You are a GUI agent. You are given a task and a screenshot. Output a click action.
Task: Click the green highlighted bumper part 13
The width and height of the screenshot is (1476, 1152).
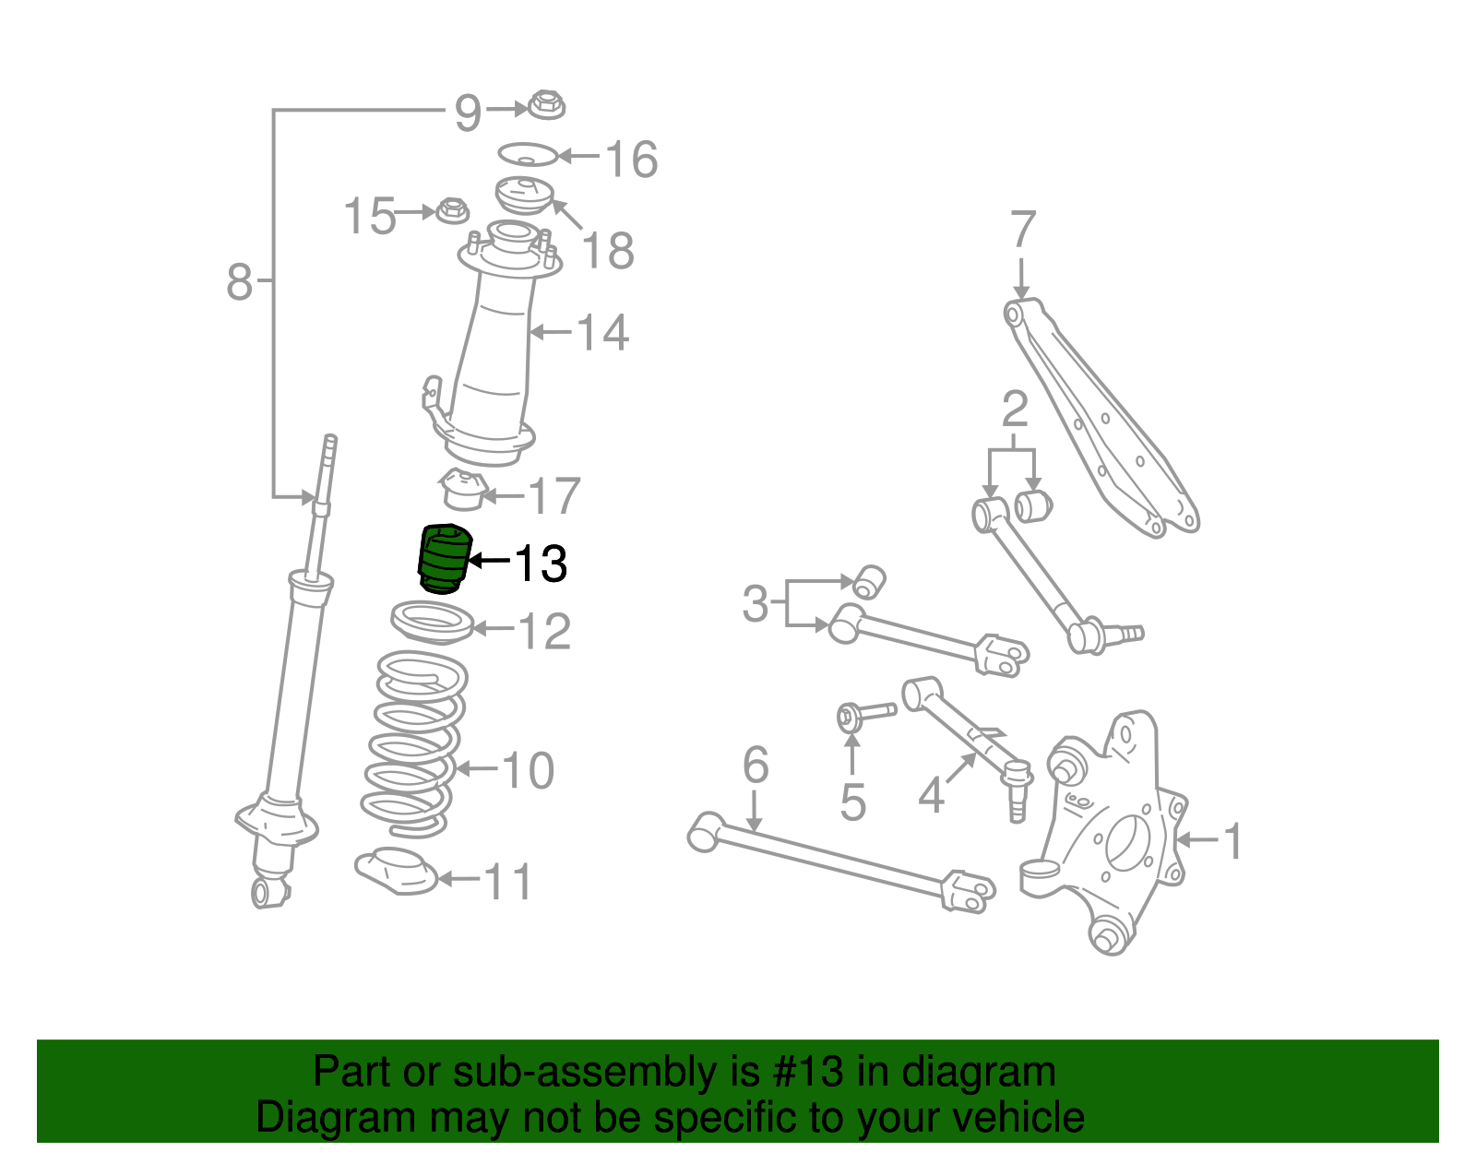pos(443,559)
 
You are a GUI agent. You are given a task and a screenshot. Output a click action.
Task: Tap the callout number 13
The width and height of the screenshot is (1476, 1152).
pos(540,564)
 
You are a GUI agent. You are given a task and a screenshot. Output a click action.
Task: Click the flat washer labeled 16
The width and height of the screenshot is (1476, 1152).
pos(528,154)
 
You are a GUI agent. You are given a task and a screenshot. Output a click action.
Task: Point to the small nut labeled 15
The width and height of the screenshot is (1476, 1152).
pos(451,210)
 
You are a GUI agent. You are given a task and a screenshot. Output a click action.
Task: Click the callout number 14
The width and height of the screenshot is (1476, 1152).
pos(602,332)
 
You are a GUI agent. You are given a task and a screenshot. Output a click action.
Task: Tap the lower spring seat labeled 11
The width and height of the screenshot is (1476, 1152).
pos(397,871)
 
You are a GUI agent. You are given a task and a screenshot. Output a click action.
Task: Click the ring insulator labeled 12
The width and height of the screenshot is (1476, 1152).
pos(432,623)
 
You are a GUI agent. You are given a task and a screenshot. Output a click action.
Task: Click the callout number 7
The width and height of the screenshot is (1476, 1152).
pos(1022,230)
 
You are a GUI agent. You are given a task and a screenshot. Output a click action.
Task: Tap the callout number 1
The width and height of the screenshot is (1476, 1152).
pos(1232,841)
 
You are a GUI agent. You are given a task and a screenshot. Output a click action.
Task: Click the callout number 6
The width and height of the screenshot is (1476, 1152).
pos(756,765)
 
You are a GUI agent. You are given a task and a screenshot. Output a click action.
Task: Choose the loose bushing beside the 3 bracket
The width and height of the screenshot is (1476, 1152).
pos(869,581)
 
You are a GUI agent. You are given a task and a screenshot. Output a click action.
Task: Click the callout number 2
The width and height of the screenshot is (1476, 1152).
pos(1014,410)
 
